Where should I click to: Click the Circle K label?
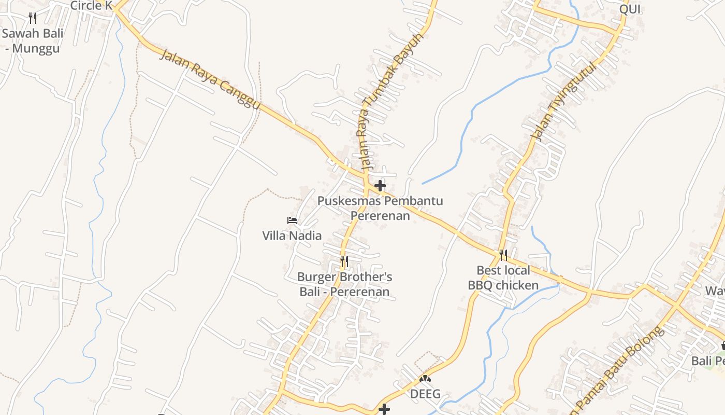[x=91, y=6]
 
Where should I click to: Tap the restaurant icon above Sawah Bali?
[x=33, y=18]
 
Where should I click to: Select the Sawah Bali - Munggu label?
[x=32, y=41]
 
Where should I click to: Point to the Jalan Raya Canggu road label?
[x=209, y=79]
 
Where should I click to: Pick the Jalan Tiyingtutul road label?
[x=563, y=102]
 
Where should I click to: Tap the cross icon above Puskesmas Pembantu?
[x=380, y=185]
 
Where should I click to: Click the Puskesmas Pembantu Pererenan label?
[x=380, y=208]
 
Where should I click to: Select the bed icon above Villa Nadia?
[x=292, y=220]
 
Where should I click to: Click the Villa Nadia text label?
[x=292, y=236]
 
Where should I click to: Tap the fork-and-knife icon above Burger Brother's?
[x=344, y=261]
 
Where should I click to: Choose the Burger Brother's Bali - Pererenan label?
[x=344, y=284]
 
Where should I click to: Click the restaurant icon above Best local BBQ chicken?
[x=503, y=255]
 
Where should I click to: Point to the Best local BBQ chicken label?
[x=503, y=278]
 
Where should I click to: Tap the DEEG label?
[x=425, y=394]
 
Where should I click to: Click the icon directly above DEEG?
[x=425, y=379]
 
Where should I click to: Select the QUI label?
[x=630, y=9]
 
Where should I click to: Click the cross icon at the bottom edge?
[x=384, y=409]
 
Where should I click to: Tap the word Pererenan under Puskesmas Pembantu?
[x=380, y=215]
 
